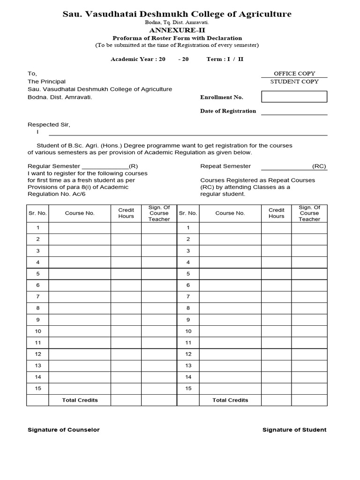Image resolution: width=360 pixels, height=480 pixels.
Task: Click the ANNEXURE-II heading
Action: (177, 30)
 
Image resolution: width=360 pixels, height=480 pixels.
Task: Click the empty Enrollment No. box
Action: (294, 97)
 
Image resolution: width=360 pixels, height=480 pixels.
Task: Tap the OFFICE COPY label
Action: (294, 74)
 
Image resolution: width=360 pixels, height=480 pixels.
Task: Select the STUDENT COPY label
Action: (294, 82)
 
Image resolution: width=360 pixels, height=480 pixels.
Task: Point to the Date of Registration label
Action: (228, 111)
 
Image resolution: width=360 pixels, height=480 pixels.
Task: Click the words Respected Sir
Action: (49, 125)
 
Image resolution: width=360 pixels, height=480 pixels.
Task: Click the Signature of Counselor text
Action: (64, 430)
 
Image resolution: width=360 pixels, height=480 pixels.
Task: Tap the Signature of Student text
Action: (294, 430)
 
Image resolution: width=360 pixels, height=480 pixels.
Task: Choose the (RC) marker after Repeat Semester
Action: (319, 166)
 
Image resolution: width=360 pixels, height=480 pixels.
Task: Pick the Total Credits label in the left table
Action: (80, 400)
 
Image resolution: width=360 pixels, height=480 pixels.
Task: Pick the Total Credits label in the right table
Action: (230, 400)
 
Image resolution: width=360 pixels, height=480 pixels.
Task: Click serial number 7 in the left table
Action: (38, 297)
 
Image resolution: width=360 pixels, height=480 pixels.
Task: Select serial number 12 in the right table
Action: (188, 354)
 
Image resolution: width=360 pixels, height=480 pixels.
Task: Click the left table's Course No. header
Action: (80, 213)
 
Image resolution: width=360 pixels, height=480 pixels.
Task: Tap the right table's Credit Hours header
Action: (277, 213)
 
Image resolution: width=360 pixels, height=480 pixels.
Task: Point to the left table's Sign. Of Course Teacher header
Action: (159, 213)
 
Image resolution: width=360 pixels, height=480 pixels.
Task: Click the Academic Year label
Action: (138, 60)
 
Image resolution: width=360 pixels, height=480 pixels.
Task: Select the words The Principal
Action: (46, 82)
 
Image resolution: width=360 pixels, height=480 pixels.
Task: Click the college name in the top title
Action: (177, 15)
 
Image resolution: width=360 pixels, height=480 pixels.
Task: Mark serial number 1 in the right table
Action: (188, 228)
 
